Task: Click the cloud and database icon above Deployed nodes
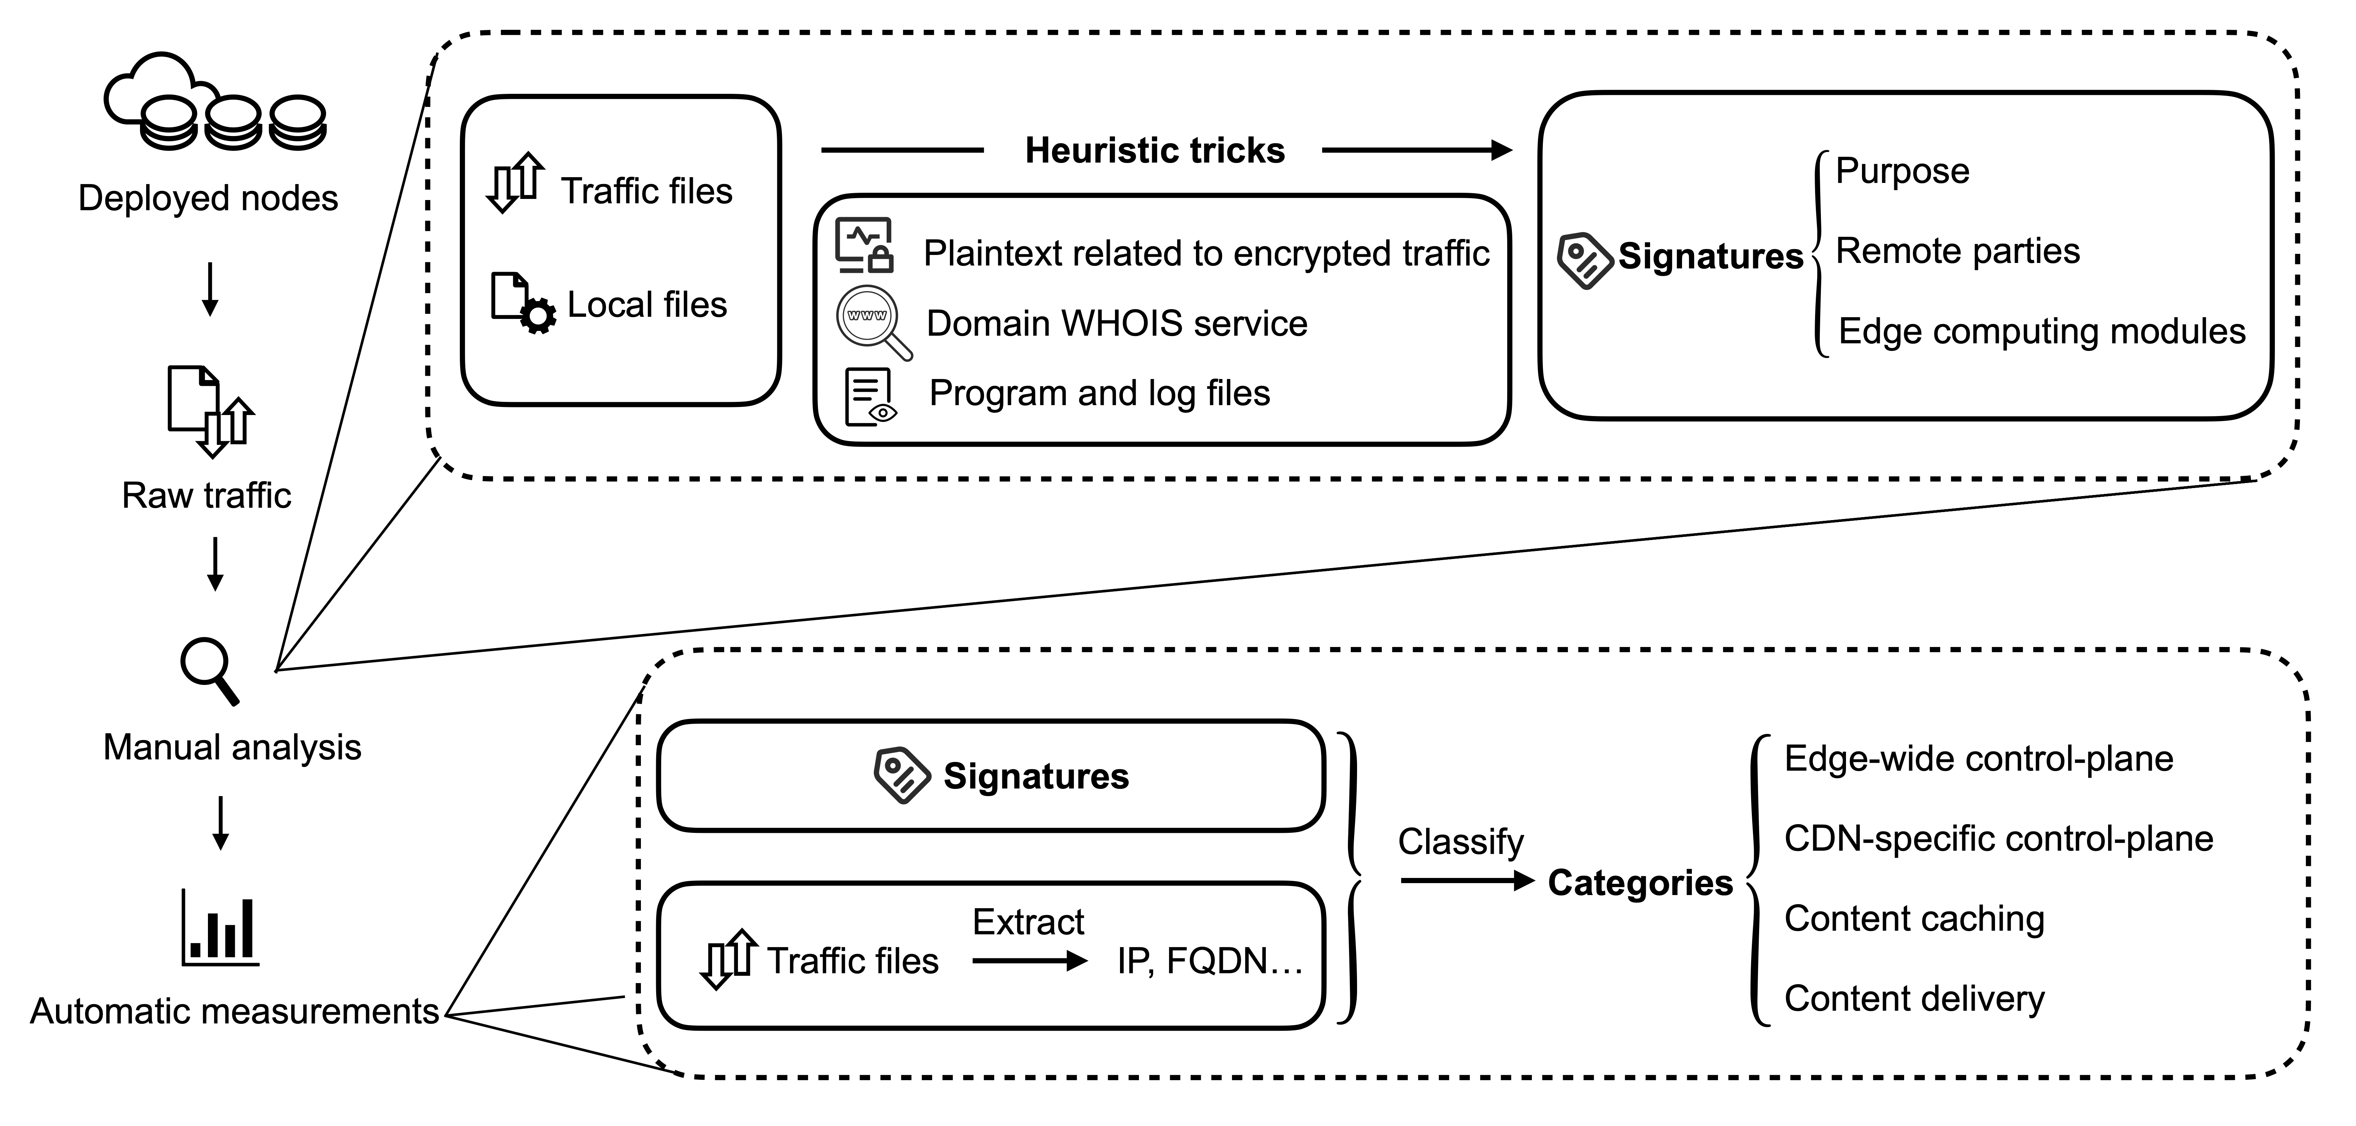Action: (215, 103)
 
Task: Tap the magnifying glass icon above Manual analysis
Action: (210, 671)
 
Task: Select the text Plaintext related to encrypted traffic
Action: (1205, 253)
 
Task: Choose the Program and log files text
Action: (1099, 393)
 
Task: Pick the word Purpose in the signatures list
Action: (1902, 171)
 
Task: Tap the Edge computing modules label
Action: (2042, 331)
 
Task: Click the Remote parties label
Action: (1957, 251)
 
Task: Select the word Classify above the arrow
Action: (1461, 842)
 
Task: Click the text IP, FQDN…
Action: (1209, 961)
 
